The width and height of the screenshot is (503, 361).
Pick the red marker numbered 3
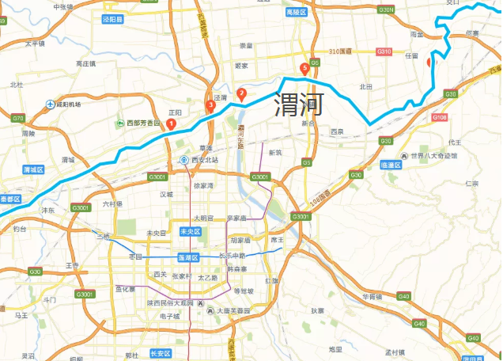pos(210,105)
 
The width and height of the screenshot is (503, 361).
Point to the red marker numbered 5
pos(304,69)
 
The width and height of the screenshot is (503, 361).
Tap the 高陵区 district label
pos(295,13)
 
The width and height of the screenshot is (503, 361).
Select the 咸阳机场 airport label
pos(64,104)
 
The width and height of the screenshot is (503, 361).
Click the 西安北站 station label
pos(203,160)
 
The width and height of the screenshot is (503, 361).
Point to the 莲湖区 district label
pos(187,258)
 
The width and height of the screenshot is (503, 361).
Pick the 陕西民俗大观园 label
pos(164,303)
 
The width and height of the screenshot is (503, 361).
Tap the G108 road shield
pos(440,117)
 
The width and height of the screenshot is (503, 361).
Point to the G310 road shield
pos(384,51)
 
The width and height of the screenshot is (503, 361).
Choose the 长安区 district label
pos(161,353)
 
